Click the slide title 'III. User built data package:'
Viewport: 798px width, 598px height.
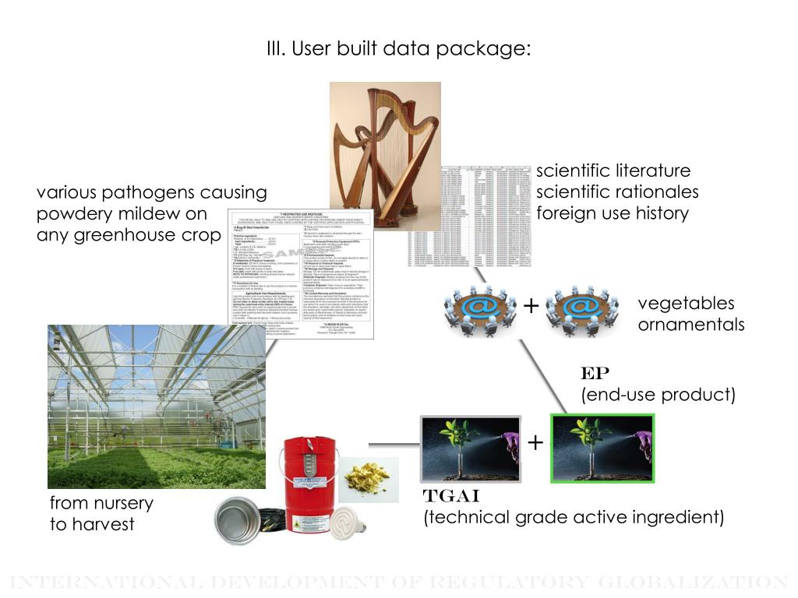(398, 49)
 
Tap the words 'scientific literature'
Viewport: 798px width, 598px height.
(613, 171)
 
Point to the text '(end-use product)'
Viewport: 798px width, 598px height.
(658, 395)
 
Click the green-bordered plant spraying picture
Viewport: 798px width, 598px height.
(602, 448)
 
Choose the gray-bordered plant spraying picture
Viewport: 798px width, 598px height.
(470, 448)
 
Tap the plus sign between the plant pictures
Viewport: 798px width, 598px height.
(535, 443)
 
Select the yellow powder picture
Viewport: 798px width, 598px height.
(371, 479)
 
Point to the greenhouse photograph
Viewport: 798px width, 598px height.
(156, 406)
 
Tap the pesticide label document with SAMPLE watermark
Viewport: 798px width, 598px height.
(300, 273)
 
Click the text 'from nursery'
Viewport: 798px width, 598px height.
(101, 503)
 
